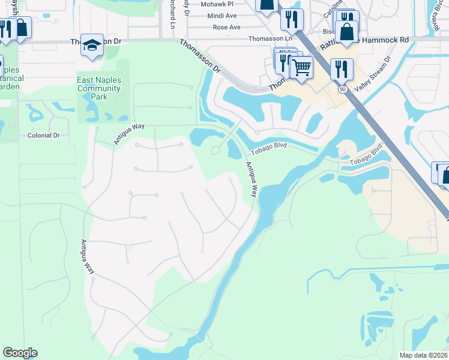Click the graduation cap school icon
(91, 45)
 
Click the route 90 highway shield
(342, 89)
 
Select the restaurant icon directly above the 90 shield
(341, 68)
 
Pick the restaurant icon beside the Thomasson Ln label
(292, 20)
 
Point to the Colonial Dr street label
(44, 136)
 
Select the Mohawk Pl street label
(217, 4)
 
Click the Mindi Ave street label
(222, 16)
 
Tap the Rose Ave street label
(226, 28)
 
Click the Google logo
(20, 353)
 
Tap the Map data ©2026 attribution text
(423, 355)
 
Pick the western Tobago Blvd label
(269, 148)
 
